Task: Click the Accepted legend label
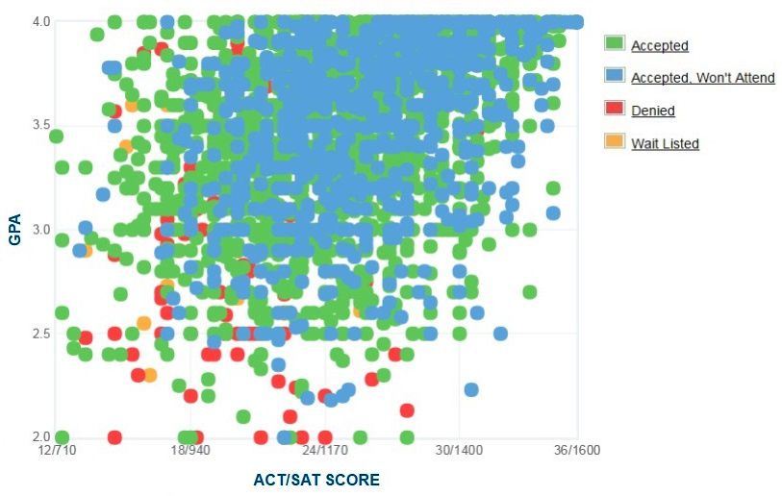tap(659, 46)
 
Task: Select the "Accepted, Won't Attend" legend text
tap(703, 78)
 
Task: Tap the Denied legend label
tap(653, 111)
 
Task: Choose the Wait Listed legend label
tap(665, 143)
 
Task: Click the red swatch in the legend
tap(615, 108)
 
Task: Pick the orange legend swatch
tap(615, 140)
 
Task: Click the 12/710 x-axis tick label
tap(58, 451)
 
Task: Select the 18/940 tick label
tap(190, 451)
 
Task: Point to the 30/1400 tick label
tap(460, 451)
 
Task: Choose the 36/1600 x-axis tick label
tap(577, 451)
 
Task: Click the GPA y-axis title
tap(15, 230)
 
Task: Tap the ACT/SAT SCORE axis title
tap(316, 480)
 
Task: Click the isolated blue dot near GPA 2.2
tap(471, 390)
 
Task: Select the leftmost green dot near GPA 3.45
tap(56, 136)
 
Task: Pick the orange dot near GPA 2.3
tap(150, 375)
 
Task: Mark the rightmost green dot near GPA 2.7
tap(530, 292)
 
